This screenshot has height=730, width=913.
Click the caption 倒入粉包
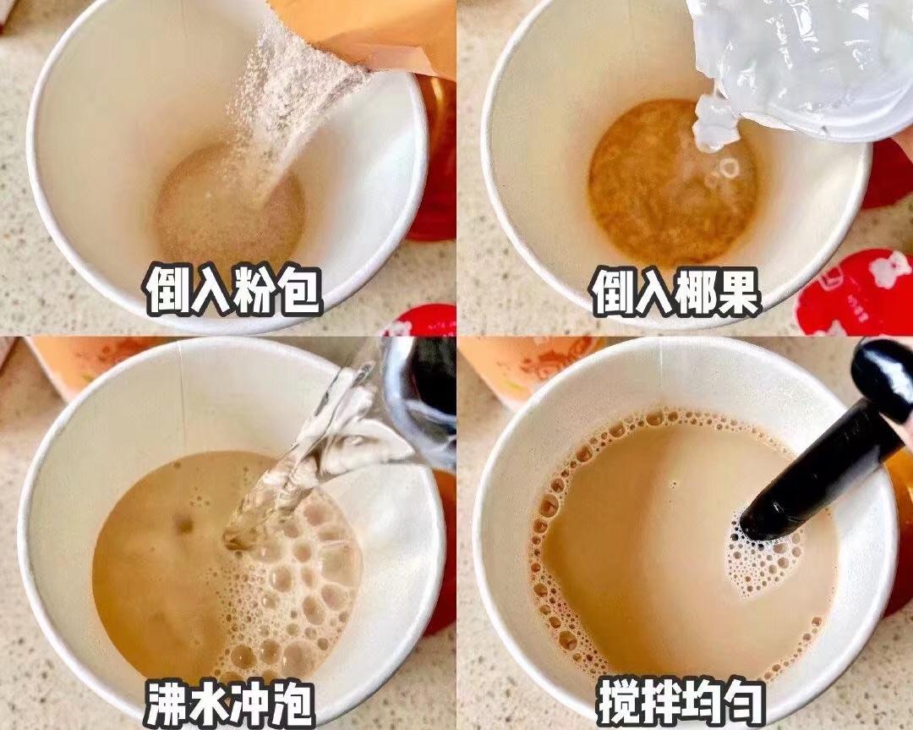pos(232,290)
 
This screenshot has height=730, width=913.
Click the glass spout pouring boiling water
pos(397,406)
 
